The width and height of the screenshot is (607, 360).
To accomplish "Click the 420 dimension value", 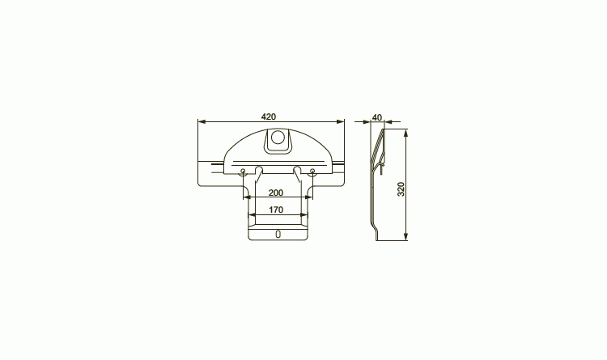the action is pos(269,116).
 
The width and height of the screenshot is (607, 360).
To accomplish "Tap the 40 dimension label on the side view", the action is pos(377,117).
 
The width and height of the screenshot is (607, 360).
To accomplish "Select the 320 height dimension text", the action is pos(401,189).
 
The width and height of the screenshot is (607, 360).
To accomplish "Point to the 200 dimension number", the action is pos(276,193).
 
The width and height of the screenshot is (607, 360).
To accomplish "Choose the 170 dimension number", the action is pos(276,210).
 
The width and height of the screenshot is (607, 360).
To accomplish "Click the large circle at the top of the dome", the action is pos(278,138).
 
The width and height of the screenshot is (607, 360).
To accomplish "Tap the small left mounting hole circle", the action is pos(243,171).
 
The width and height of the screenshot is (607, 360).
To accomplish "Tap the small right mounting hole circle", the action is pos(312,171).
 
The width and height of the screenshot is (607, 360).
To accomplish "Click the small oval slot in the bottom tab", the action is pos(278,234).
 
